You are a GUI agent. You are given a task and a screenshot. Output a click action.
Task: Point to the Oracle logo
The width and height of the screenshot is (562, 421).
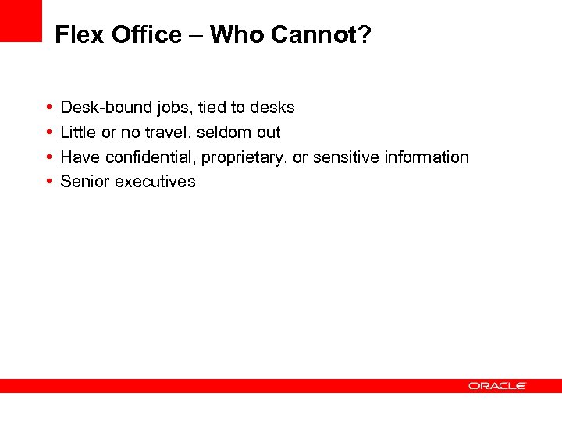pyautogui.click(x=497, y=385)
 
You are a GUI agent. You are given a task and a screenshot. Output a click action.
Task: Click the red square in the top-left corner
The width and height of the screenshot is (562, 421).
pyautogui.click(x=20, y=20)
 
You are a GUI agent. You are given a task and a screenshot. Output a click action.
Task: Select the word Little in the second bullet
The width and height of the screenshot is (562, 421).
pyautogui.click(x=78, y=133)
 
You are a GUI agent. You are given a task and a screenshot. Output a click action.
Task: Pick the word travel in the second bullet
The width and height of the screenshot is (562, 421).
pyautogui.click(x=167, y=133)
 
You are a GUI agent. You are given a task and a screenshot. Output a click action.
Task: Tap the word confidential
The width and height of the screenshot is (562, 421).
pyautogui.click(x=150, y=157)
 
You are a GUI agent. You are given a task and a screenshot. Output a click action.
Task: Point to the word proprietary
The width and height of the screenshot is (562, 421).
pyautogui.click(x=245, y=157)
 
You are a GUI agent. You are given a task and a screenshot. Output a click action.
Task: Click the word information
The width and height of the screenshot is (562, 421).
pyautogui.click(x=427, y=157)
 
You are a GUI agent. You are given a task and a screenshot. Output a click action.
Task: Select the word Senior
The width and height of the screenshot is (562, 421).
pyautogui.click(x=85, y=182)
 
